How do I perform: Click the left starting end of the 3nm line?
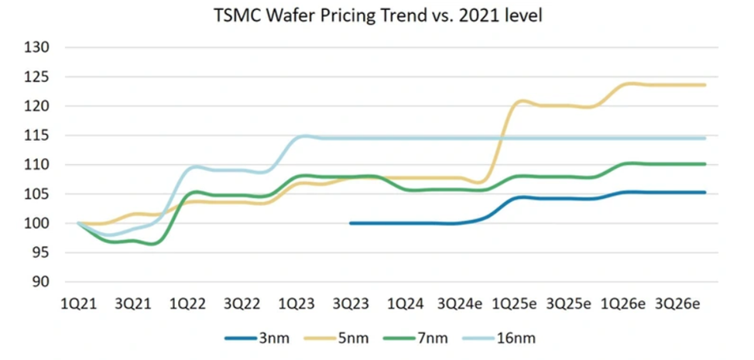(351, 223)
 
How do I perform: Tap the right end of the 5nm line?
(705, 85)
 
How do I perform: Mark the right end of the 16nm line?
(705, 139)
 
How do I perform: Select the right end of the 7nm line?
(705, 164)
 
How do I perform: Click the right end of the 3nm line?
(705, 193)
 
